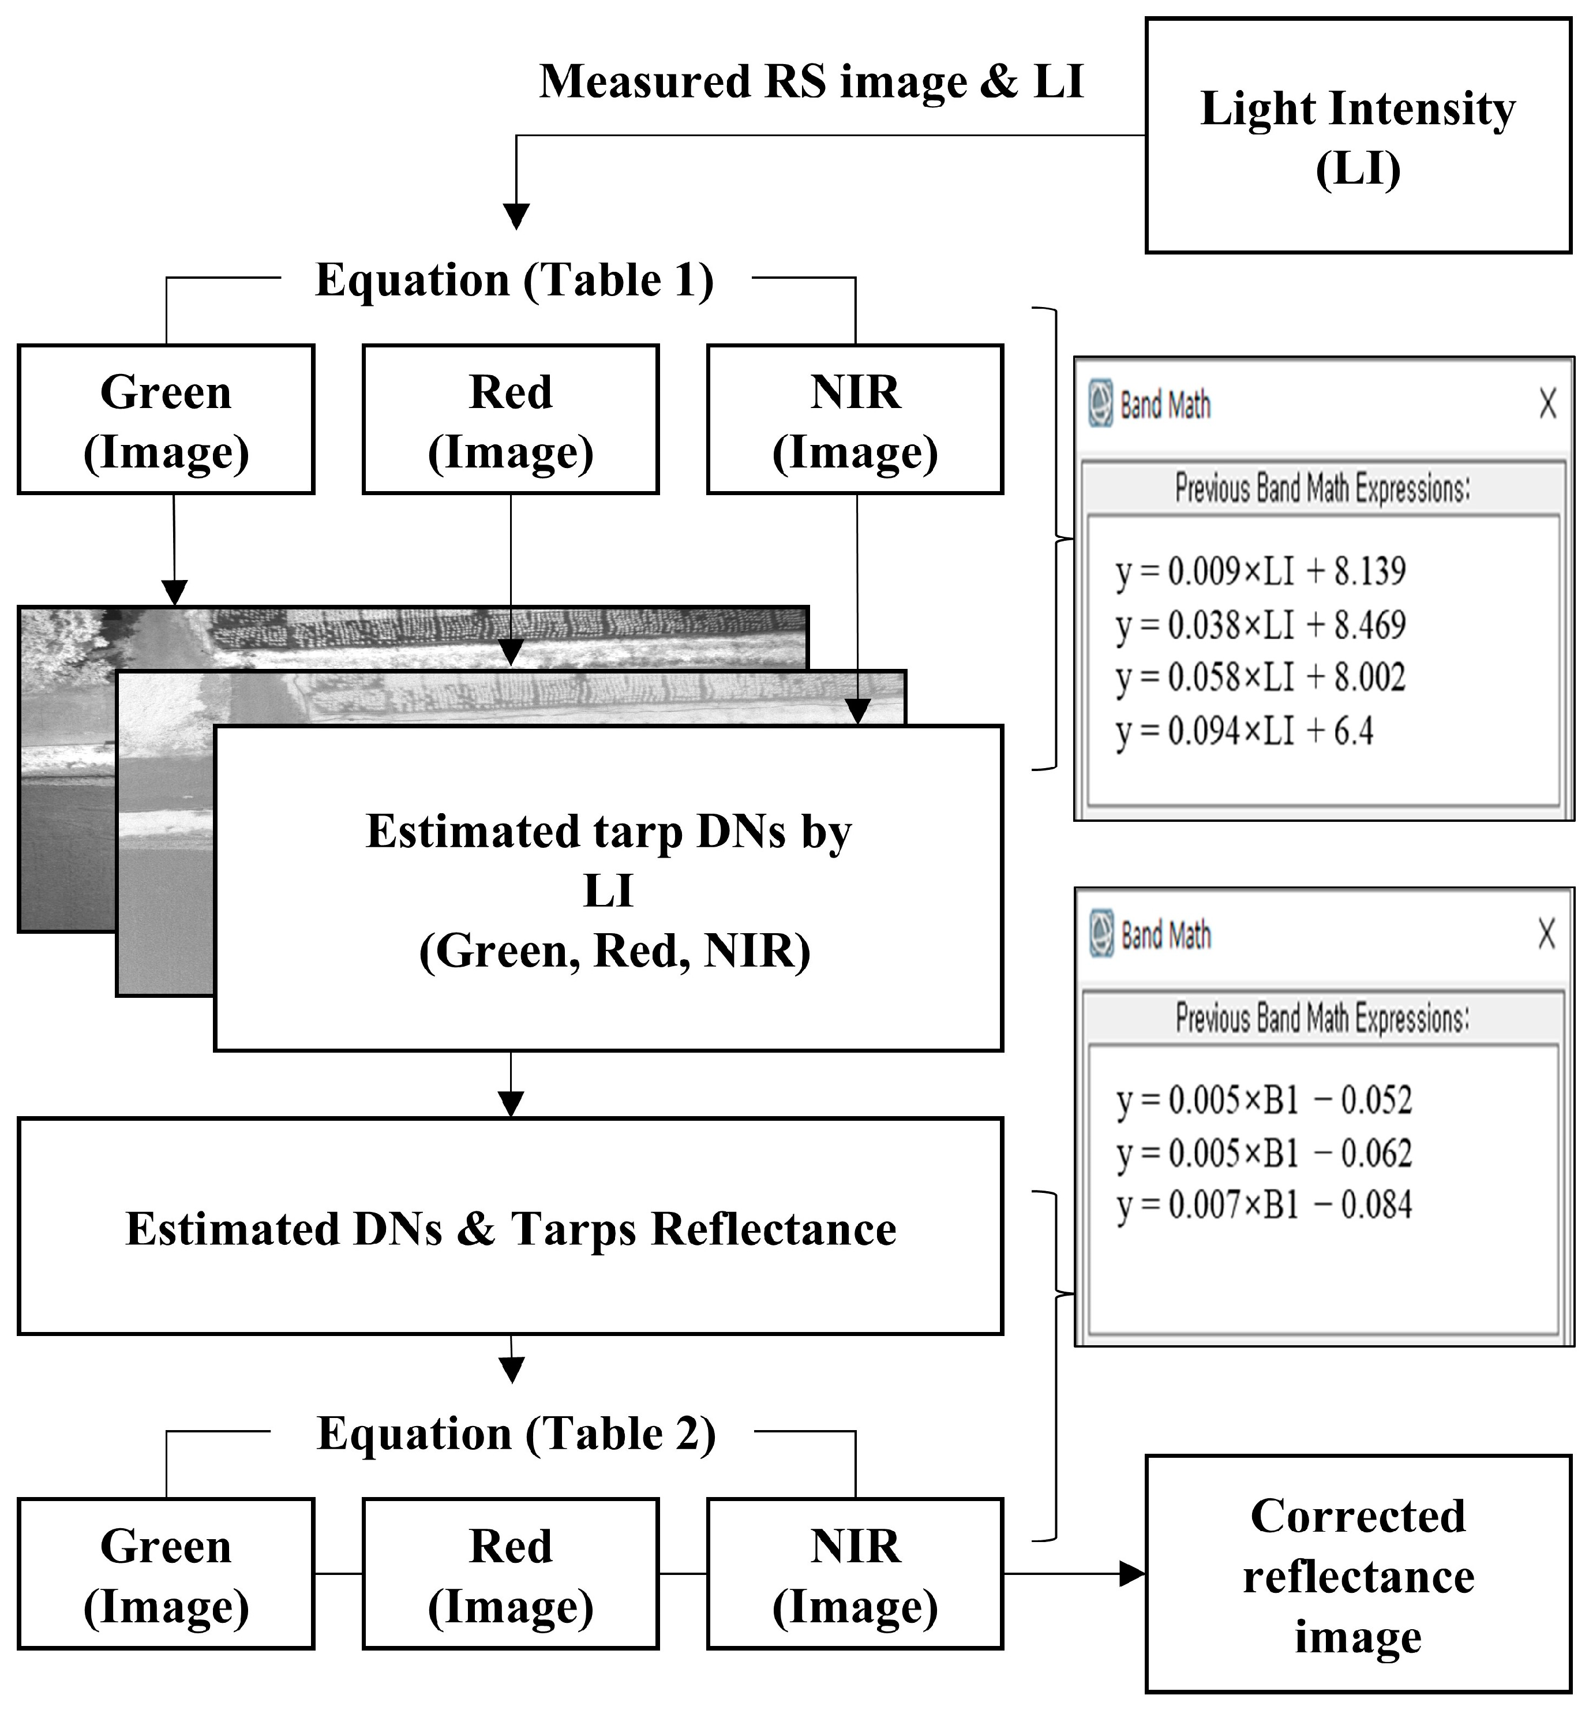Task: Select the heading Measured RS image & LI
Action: pos(811,83)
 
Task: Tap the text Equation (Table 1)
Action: pos(514,280)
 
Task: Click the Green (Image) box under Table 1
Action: pos(166,420)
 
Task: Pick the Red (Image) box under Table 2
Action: pos(511,1573)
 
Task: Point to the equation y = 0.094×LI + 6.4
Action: pos(1243,732)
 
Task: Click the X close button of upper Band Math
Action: pos(1547,403)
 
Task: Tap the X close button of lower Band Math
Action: pos(1546,933)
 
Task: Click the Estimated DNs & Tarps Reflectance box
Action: pos(511,1226)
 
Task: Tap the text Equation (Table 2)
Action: pos(516,1434)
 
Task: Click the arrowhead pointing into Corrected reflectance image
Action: pos(1133,1574)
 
